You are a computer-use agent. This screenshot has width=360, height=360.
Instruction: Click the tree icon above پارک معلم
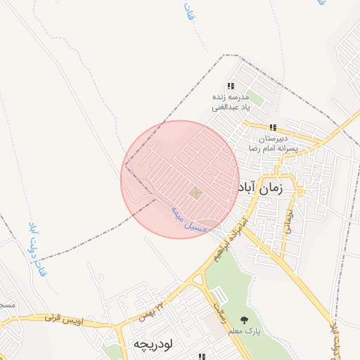[x=244, y=321]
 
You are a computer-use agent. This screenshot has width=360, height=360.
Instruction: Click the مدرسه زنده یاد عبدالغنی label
[x=231, y=102]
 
